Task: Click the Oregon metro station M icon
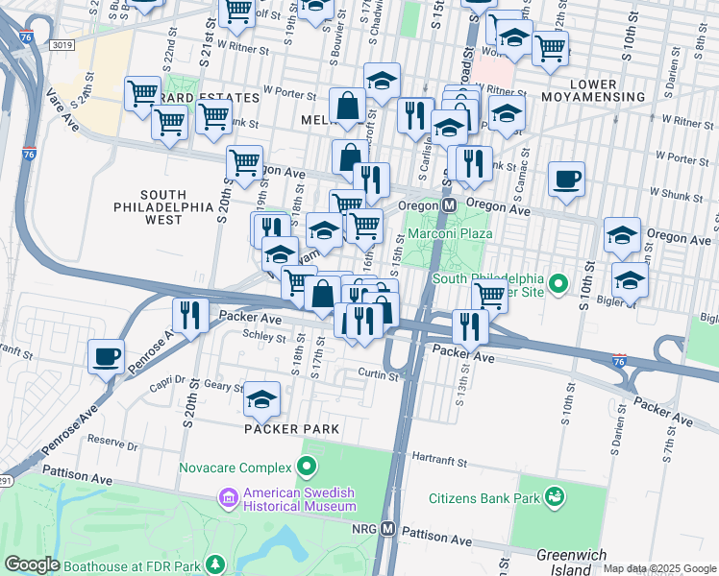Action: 449,207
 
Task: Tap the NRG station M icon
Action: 388,529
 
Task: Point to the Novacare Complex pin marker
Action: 307,468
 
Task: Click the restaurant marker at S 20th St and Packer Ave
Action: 190,313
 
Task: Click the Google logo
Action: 32,564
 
